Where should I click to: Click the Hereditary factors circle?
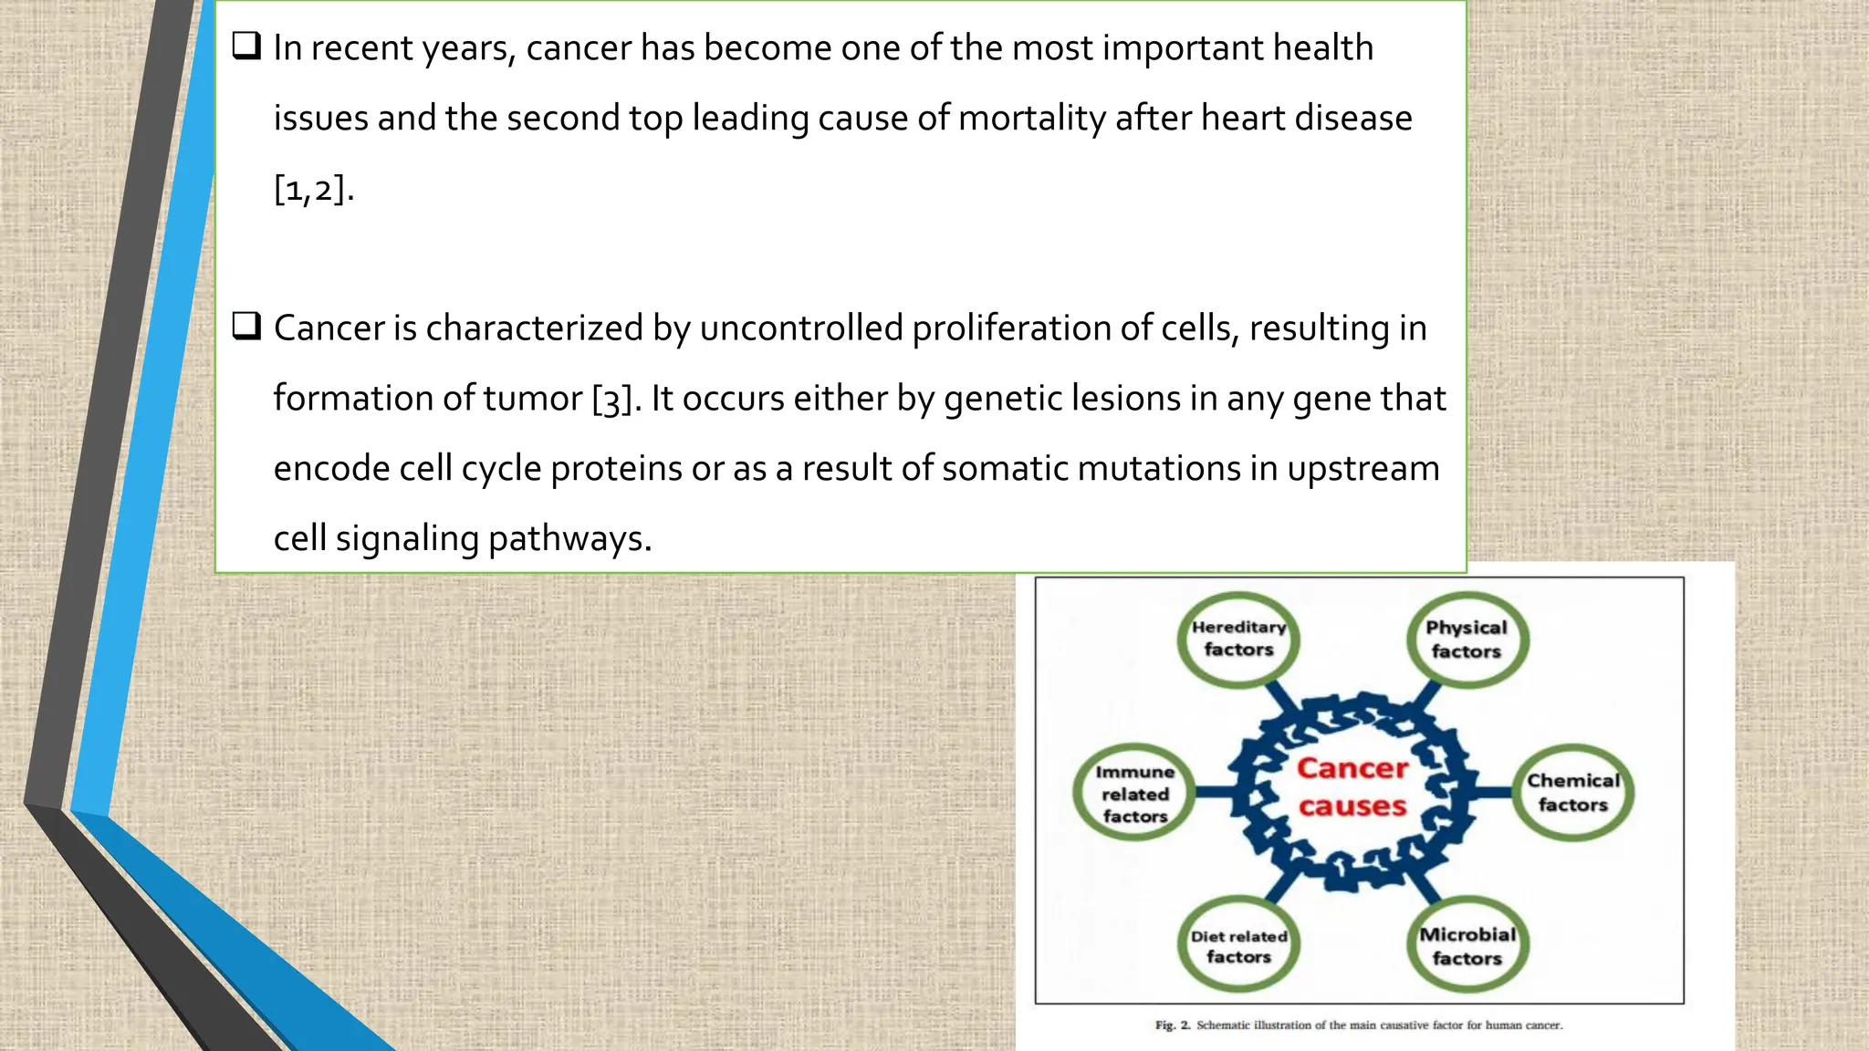[1238, 639]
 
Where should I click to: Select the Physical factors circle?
[1467, 640]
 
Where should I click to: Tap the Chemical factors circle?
[1573, 793]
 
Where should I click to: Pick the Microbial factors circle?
[1467, 946]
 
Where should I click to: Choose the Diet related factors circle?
[1238, 946]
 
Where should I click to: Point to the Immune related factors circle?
[1134, 793]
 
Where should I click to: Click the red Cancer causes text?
[1352, 787]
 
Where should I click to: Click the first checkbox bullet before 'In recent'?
[246, 47]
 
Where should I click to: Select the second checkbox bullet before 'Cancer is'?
[246, 327]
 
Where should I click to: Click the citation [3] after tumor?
[611, 400]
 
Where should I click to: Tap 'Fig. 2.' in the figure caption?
[1173, 1025]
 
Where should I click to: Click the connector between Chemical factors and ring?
[1493, 792]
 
